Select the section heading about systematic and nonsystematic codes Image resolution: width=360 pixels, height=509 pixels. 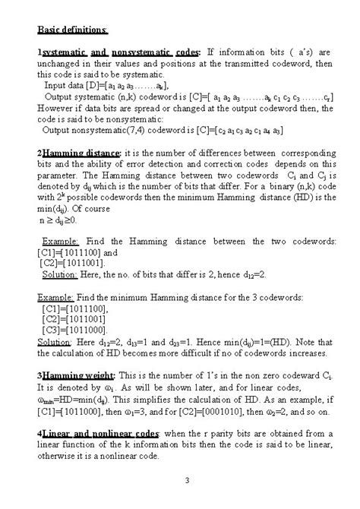[x=121, y=51]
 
